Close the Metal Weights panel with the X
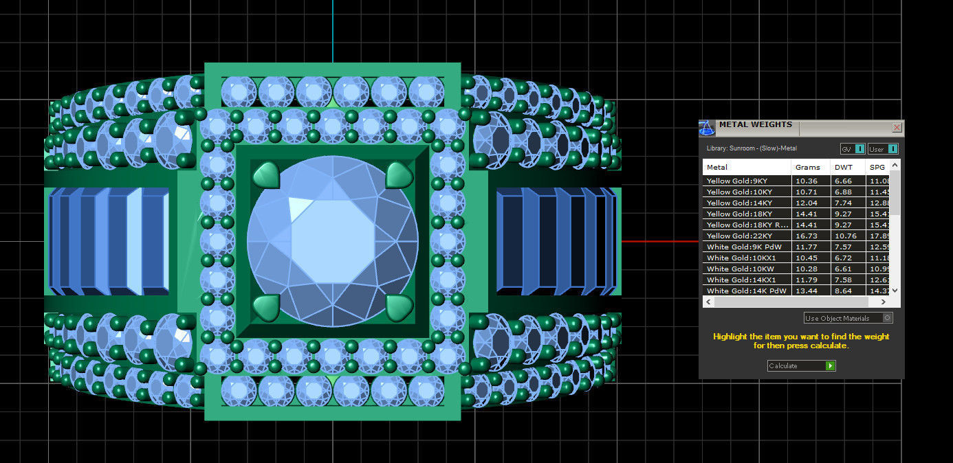click(x=897, y=128)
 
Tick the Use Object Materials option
click(x=888, y=318)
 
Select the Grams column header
click(x=808, y=167)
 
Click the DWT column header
click(x=843, y=167)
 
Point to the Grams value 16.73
click(x=807, y=236)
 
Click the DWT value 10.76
click(x=844, y=236)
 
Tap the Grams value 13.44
click(x=807, y=291)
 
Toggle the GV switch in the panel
click(x=859, y=149)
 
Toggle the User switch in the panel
click(x=892, y=149)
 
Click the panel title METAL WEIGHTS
click(x=755, y=125)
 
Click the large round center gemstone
click(x=333, y=240)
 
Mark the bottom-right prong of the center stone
click(x=399, y=308)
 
